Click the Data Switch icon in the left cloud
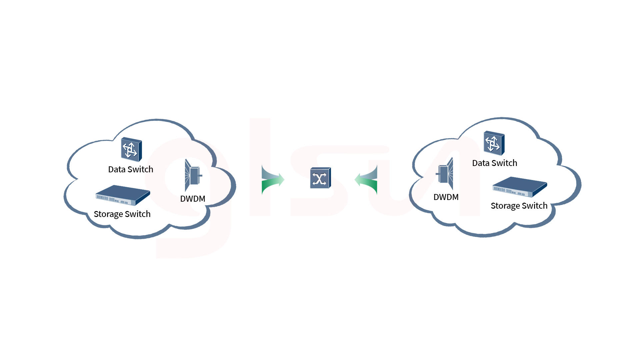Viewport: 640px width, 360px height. [131, 149]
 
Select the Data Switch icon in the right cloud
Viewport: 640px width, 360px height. [494, 143]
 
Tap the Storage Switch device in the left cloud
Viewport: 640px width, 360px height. [123, 195]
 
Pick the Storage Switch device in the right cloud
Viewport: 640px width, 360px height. [520, 187]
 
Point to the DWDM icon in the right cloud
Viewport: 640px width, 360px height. [445, 174]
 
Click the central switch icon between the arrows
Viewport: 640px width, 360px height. [320, 178]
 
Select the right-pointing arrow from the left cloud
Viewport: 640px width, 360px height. [273, 180]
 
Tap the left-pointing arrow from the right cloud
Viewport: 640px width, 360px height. [366, 180]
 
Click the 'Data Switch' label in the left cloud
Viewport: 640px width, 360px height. [131, 169]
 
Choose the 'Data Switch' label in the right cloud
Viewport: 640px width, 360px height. [495, 163]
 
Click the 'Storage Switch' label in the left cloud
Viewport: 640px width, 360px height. [122, 214]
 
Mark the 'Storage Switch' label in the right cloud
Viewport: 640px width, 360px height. [519, 206]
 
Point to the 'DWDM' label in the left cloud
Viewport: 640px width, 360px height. [193, 199]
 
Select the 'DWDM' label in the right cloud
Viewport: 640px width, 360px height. [446, 197]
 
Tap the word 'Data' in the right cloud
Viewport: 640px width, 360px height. [481, 163]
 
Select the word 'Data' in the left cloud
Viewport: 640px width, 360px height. [117, 169]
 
